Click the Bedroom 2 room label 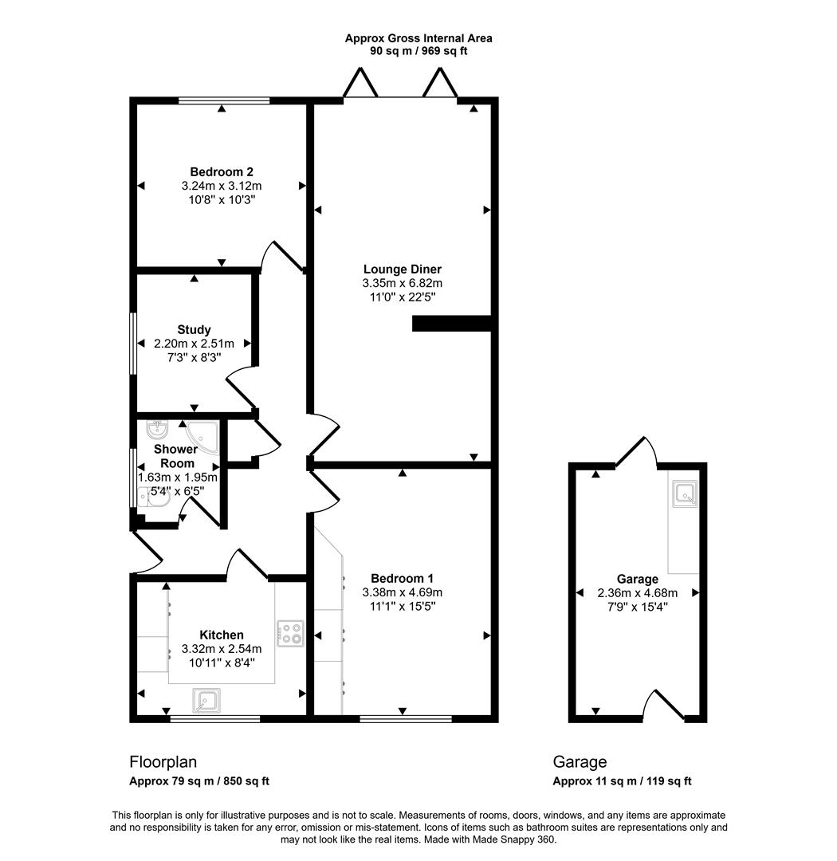tap(222, 171)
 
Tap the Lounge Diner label tap(402, 269)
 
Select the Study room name tap(194, 329)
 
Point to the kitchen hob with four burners tap(290, 633)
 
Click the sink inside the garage tap(685, 494)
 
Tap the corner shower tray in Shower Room tap(202, 436)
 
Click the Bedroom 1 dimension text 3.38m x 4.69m tap(402, 592)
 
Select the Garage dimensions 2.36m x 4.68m tap(637, 592)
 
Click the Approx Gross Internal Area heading tap(418, 37)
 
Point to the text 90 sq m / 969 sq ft tap(418, 50)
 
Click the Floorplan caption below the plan tap(163, 762)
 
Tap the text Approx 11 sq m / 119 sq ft tap(622, 781)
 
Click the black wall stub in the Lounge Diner tap(450, 323)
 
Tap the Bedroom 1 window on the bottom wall tap(405, 718)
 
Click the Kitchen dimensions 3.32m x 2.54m tap(222, 649)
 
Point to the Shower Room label tap(176, 456)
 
